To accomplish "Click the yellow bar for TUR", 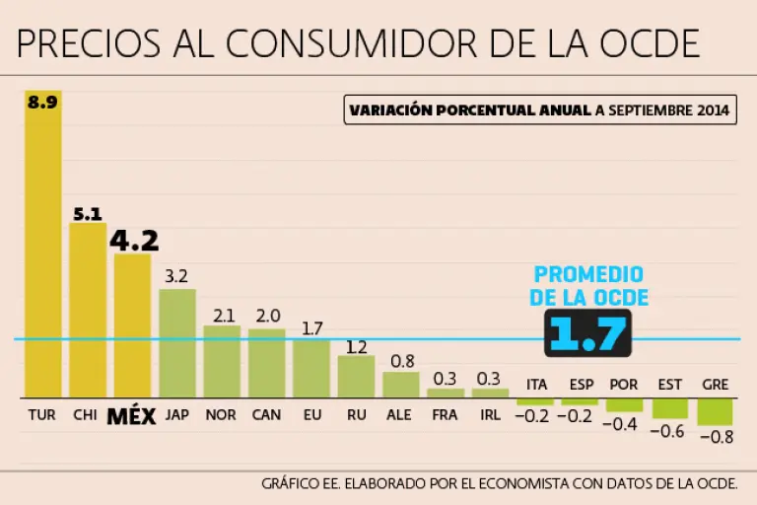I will click(43, 247).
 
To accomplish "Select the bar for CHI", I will click(88, 311).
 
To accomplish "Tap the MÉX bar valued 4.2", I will click(132, 325).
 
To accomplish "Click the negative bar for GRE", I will click(715, 411).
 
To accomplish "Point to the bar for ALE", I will click(401, 385).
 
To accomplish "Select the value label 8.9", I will click(42, 101).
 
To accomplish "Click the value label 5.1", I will click(88, 212).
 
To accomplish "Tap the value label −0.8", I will click(716, 437).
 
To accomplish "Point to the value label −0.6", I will click(670, 430).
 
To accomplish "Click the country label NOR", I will click(221, 415).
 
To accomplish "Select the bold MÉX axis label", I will click(132, 416).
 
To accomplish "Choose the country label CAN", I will click(266, 415).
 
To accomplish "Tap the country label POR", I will click(624, 385).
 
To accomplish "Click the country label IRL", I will click(490, 415).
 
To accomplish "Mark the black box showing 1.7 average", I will click(587, 333).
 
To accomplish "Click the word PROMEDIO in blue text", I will click(588, 275).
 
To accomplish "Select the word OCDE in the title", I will click(650, 44).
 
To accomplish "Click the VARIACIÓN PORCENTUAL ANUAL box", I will click(540, 109).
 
